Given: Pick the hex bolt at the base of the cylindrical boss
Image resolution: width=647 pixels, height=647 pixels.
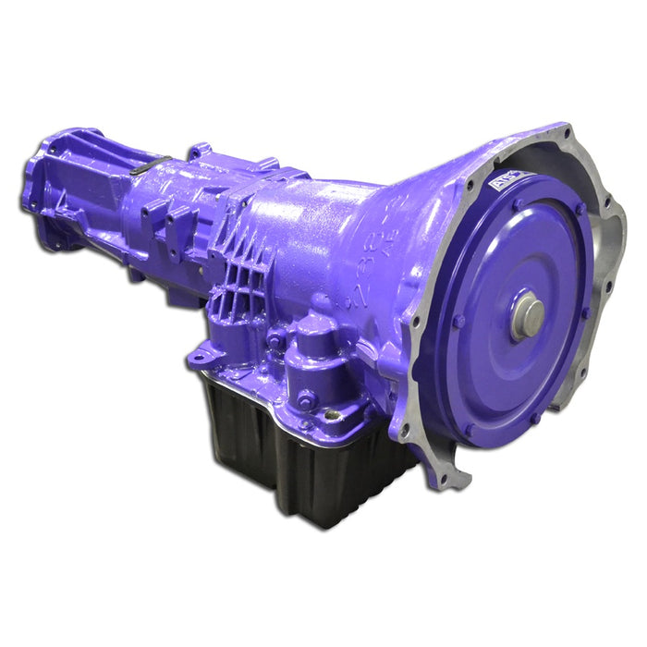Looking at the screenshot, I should [306, 399].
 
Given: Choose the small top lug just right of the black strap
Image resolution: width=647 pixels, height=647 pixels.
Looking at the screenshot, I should [197, 149].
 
